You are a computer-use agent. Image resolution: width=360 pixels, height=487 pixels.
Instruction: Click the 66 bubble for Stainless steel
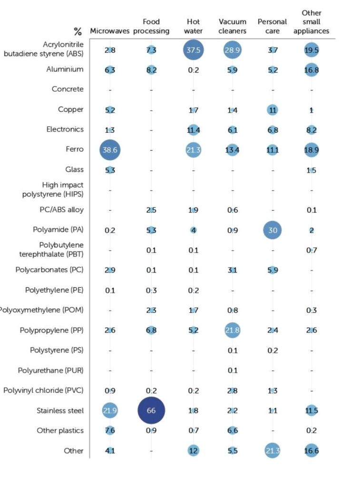tap(151, 410)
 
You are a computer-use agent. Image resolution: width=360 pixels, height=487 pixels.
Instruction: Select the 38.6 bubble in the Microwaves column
tap(110, 149)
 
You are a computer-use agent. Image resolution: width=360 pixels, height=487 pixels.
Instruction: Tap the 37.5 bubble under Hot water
tap(193, 49)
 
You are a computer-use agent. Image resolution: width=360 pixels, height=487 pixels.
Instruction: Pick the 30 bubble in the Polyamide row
tap(272, 230)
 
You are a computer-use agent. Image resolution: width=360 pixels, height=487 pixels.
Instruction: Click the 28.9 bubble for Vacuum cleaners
tap(232, 49)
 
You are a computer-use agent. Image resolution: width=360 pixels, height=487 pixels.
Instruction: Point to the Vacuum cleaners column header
tap(233, 26)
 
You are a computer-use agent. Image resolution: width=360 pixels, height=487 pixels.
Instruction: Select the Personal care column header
tap(272, 26)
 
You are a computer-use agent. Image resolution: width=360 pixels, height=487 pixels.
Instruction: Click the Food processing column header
tap(151, 26)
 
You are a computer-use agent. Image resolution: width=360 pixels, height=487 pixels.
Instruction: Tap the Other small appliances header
tap(311, 22)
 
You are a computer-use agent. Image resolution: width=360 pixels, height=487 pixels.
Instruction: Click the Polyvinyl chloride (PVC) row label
tap(43, 390)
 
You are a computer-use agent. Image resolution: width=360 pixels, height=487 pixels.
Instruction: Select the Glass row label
tap(74, 169)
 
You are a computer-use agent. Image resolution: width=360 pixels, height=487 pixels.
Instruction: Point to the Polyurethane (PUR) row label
tap(50, 370)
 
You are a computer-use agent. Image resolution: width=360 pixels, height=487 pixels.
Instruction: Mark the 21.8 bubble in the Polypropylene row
tap(232, 330)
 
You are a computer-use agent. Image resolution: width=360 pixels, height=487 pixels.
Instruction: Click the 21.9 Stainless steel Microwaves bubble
tap(110, 410)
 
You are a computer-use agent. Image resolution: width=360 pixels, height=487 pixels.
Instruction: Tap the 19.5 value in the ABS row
tap(311, 49)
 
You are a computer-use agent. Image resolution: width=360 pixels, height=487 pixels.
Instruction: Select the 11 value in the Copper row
tap(272, 109)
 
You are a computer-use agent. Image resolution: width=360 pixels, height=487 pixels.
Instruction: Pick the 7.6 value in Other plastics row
tap(110, 430)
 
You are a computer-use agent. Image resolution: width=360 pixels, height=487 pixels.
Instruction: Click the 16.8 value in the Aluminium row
tap(311, 69)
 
